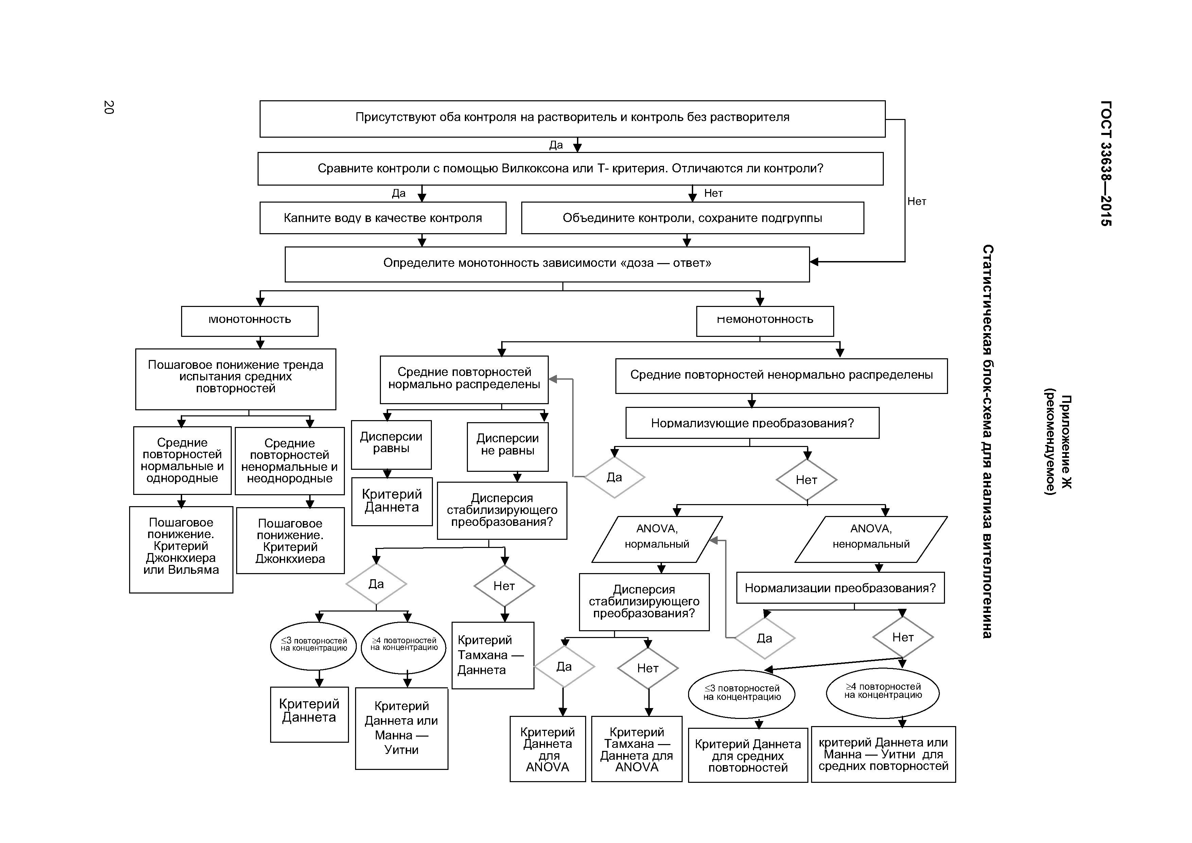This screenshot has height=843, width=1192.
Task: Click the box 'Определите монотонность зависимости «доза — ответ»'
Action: pyautogui.click(x=547, y=264)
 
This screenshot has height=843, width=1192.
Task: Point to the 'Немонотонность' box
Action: pyautogui.click(x=765, y=321)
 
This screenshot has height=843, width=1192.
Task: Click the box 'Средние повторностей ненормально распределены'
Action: pyautogui.click(x=781, y=376)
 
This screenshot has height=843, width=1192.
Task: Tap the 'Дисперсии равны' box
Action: pyautogui.click(x=391, y=444)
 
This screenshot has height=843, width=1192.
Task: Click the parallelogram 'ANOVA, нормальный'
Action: pyautogui.click(x=657, y=539)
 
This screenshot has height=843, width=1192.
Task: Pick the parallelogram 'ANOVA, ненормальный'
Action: pyautogui.click(x=871, y=539)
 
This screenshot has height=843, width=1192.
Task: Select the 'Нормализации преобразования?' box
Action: pyautogui.click(x=840, y=588)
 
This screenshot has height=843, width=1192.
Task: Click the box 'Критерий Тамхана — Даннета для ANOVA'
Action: pyautogui.click(x=636, y=749)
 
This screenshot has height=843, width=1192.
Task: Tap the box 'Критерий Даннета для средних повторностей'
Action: pyautogui.click(x=748, y=755)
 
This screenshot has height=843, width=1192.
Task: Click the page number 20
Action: pyautogui.click(x=108, y=107)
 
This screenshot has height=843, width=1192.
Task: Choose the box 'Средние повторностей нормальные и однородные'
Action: pyautogui.click(x=182, y=460)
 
